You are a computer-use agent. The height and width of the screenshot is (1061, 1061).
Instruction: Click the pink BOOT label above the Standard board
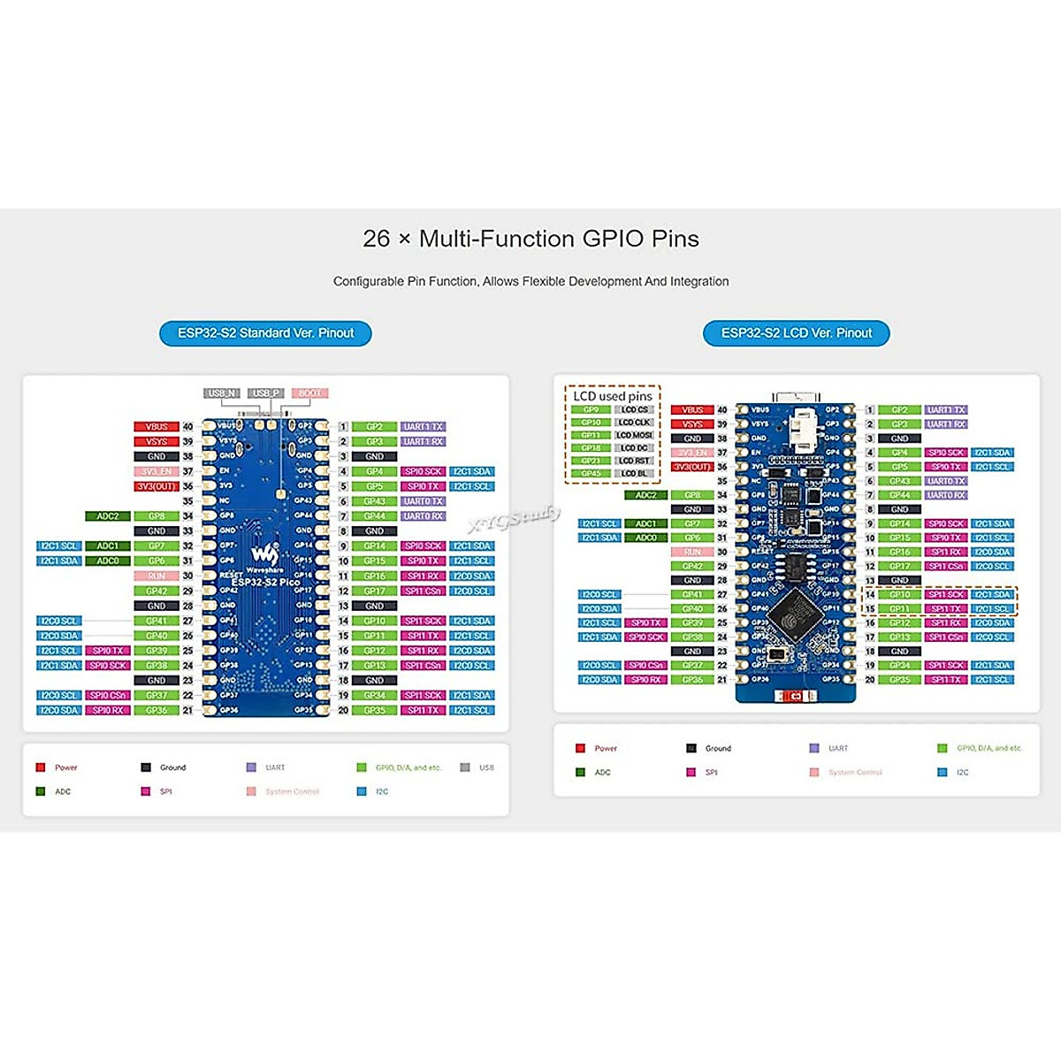click(309, 393)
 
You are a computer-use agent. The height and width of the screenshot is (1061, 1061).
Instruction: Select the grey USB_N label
click(222, 393)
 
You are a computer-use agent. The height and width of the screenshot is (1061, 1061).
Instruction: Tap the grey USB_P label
click(265, 393)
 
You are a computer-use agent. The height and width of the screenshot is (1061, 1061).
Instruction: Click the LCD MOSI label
click(634, 435)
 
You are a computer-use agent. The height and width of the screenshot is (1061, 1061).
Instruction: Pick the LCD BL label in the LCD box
click(634, 473)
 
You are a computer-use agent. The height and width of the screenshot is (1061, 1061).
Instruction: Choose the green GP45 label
click(591, 473)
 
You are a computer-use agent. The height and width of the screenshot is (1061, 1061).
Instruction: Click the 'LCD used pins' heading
click(612, 396)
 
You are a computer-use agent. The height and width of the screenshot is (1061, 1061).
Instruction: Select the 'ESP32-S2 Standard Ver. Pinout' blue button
click(265, 333)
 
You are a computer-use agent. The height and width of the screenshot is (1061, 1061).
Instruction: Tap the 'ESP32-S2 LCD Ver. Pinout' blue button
click(796, 333)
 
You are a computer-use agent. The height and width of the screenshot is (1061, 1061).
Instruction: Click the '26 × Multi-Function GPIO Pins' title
click(530, 239)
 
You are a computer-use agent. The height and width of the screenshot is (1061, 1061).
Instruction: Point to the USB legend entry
click(477, 767)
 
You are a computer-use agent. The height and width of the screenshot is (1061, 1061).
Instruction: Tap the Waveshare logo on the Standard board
click(264, 555)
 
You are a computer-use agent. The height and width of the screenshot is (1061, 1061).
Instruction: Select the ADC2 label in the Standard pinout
click(108, 516)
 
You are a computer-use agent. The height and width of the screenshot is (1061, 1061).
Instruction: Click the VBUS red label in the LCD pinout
click(692, 410)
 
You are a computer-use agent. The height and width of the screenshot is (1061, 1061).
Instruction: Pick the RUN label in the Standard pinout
click(156, 576)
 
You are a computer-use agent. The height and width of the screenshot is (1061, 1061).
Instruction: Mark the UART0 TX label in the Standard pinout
click(424, 501)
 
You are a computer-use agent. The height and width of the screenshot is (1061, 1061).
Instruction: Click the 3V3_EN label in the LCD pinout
click(692, 453)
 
